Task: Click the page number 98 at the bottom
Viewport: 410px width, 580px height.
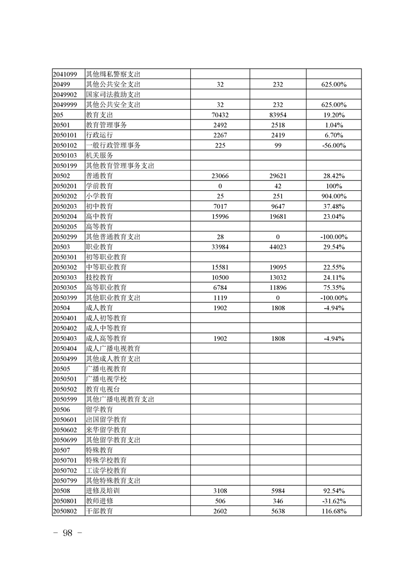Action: tap(68, 533)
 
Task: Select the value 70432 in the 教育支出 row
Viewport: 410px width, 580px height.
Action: tap(220, 115)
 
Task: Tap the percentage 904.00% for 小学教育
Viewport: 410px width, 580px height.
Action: tap(333, 196)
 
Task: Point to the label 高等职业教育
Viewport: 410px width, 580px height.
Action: tap(106, 287)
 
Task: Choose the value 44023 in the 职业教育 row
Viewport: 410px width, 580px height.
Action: tap(278, 247)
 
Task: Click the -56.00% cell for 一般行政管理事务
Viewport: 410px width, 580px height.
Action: tap(333, 145)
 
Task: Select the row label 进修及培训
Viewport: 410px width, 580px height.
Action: tap(99, 491)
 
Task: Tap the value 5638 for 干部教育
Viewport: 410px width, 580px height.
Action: tap(278, 511)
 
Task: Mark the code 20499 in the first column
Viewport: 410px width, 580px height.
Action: tap(61, 84)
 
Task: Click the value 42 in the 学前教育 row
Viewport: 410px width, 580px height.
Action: tap(278, 186)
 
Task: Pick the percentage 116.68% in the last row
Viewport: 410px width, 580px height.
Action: tap(333, 511)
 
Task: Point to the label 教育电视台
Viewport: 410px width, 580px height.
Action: tap(102, 389)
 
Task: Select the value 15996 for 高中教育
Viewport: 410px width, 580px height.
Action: tap(220, 217)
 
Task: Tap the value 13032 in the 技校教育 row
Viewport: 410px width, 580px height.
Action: tap(278, 278)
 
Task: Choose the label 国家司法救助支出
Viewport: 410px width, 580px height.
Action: tap(113, 95)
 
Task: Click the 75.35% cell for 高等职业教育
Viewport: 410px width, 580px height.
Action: tap(333, 287)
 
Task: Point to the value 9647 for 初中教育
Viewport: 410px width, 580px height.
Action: tap(278, 206)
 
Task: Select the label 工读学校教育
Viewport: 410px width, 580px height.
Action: tap(106, 470)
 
